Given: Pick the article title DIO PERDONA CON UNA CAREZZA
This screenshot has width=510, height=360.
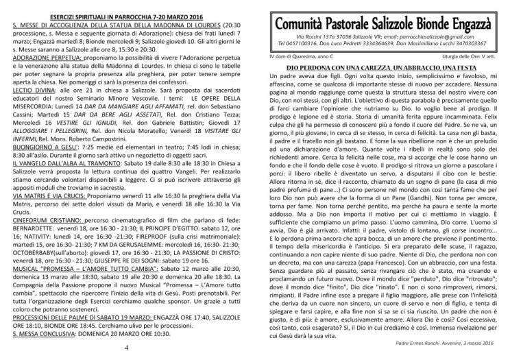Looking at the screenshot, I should pos(380,70).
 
